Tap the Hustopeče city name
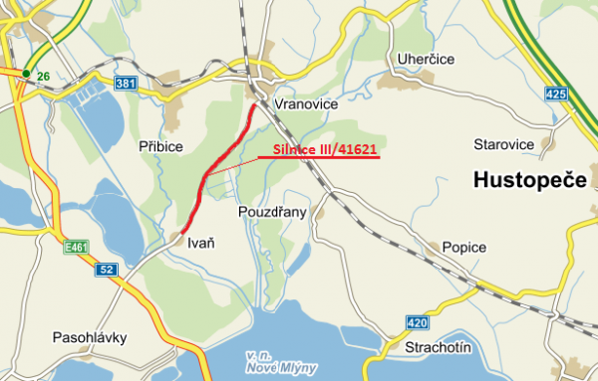pos(528,181)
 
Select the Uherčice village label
pos(425,60)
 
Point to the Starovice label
pos(504,145)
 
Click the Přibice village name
pos(160,146)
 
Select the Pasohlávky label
pos(91,338)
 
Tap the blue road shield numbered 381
pos(125,84)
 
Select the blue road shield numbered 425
pos(557,95)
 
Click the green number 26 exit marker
pos(43,76)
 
